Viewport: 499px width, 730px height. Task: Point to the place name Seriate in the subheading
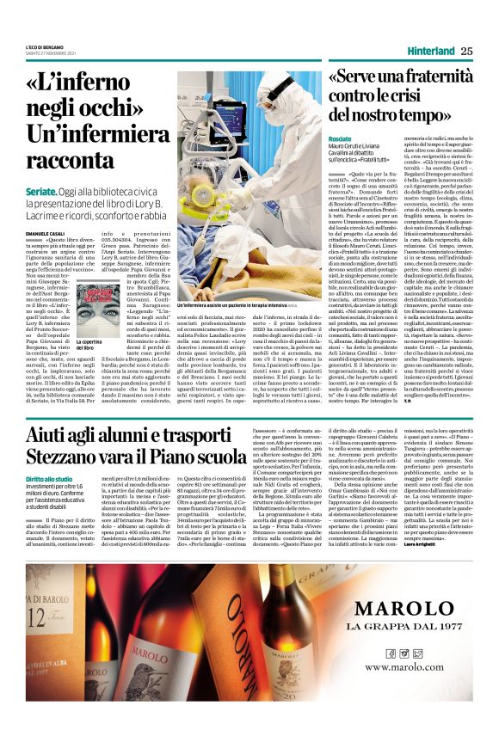pyautogui.click(x=41, y=191)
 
